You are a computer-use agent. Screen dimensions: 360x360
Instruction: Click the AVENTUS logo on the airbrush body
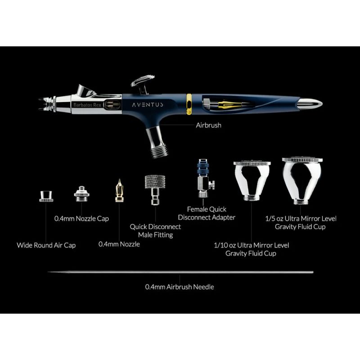pos(148,105)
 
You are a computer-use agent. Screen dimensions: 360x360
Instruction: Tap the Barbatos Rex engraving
pos(87,105)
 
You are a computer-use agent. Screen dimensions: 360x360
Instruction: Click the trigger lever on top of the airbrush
pos(142,84)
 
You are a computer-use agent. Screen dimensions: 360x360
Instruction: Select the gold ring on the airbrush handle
pos(189,104)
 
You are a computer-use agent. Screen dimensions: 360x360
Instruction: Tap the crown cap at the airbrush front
pos(47,104)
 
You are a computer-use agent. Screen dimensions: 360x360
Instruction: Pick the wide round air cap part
pos(46,196)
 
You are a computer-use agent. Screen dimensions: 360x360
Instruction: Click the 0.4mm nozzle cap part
pos(81,194)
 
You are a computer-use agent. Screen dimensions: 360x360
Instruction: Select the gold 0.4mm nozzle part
pos(119,191)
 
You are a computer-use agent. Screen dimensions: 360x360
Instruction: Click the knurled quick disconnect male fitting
pos(155,189)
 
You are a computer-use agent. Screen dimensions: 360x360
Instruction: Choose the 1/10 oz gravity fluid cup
pos(252,180)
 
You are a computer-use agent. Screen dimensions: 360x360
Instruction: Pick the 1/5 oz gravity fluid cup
pos(302,181)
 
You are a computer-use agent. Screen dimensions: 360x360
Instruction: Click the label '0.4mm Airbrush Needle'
pos(180,287)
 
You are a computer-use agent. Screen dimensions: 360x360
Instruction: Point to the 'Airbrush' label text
pos(208,125)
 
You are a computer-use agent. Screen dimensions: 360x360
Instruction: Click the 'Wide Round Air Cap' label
pos(46,245)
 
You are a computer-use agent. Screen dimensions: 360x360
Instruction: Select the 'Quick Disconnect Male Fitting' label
pos(155,231)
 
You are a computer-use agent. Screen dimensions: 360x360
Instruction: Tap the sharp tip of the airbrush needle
pos(48,272)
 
